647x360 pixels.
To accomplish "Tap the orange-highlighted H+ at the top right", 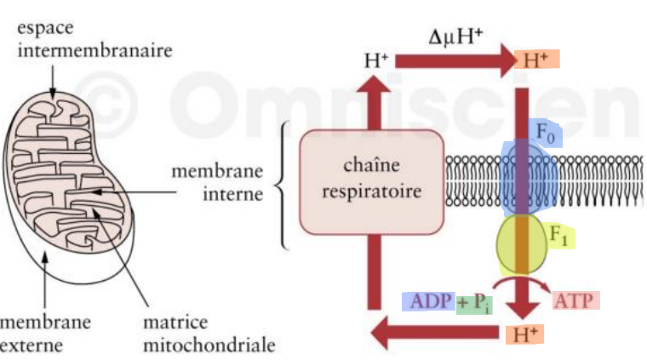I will pos(534,60).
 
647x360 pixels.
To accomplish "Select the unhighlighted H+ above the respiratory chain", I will pos(375,60).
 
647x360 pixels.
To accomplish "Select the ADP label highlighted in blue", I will pos(428,301).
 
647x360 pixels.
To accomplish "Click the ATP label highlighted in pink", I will pos(576,300).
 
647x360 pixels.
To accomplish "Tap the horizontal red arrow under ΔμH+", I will pos(452,60).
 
